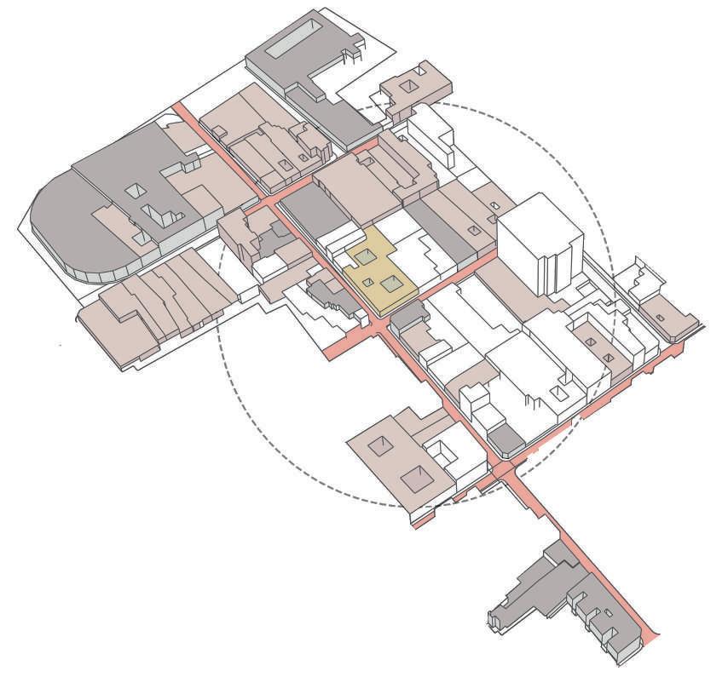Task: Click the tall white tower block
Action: (x=540, y=243)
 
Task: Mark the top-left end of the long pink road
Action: (x=181, y=109)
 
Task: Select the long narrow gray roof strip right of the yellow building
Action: (x=444, y=229)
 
